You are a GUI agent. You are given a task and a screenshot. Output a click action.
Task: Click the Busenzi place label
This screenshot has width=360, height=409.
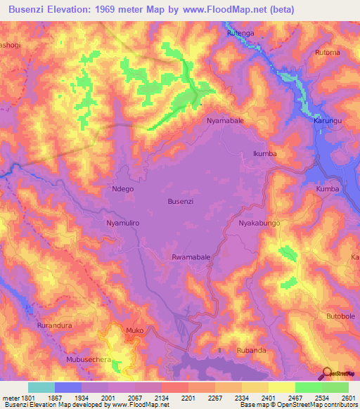(180, 201)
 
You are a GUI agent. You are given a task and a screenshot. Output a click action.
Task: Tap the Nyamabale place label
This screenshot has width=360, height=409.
(225, 121)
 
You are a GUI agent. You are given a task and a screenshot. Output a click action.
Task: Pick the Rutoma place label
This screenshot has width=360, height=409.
(328, 52)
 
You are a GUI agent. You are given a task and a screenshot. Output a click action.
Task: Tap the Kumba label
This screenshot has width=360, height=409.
(328, 190)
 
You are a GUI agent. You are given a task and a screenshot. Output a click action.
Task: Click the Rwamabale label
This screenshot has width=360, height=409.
(191, 258)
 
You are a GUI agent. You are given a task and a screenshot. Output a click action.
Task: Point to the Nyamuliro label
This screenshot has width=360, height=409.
(124, 223)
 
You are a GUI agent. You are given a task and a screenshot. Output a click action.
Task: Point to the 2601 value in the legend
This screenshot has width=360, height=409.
(348, 398)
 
